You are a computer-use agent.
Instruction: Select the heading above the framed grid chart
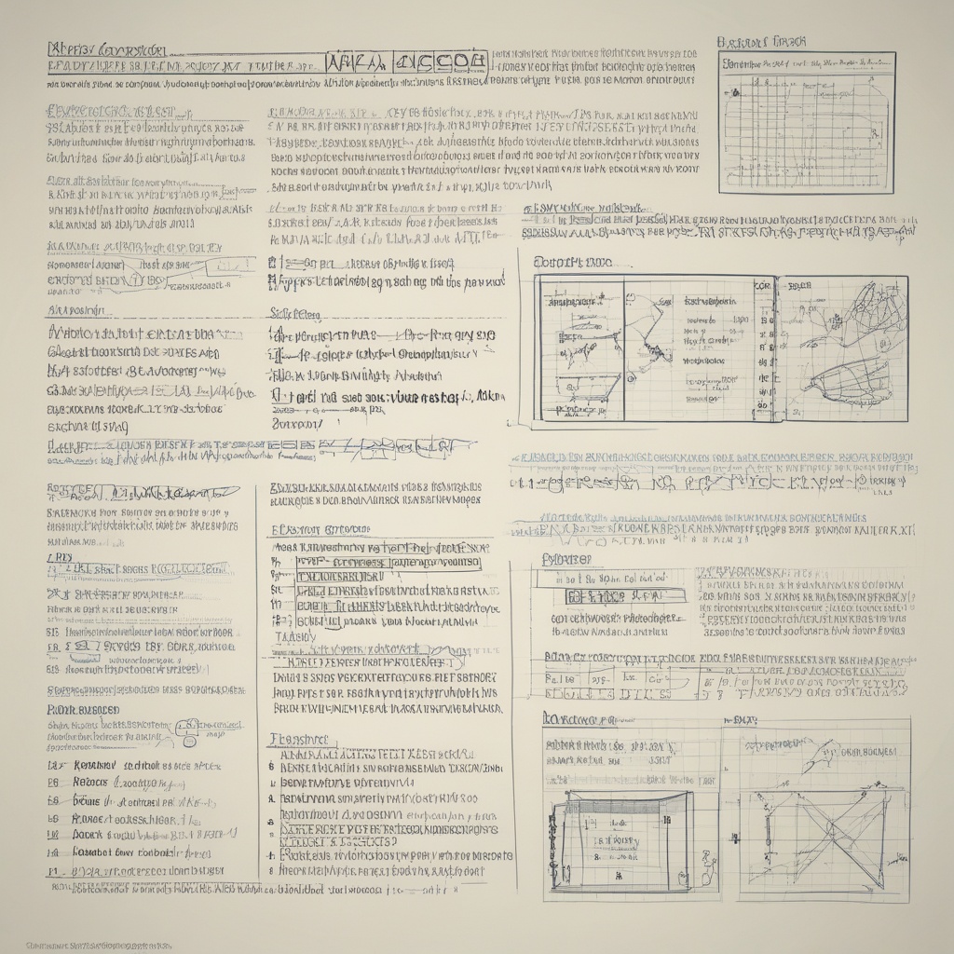[761, 43]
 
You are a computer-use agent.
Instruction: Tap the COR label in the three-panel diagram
[763, 287]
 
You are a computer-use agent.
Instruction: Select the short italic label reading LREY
[59, 556]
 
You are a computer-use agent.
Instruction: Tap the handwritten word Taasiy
[294, 636]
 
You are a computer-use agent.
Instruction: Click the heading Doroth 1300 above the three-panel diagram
[572, 263]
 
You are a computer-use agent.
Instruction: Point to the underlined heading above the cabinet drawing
[579, 719]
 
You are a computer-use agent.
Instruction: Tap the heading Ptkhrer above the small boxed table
[566, 560]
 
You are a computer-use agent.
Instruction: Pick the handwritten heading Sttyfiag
[294, 314]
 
